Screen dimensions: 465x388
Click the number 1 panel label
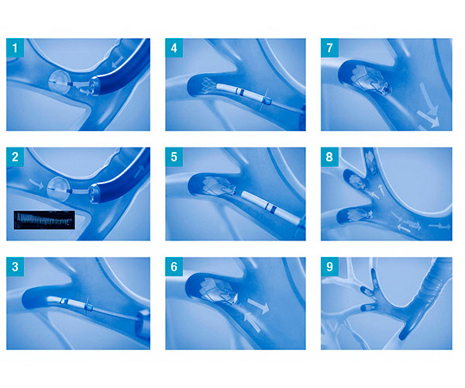coord(15,48)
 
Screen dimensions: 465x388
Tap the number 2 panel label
coord(15,157)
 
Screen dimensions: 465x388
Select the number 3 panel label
coord(15,267)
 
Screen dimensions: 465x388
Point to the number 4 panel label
coord(174,48)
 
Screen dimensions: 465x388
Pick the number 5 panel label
coord(174,157)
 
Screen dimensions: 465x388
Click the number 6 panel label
coord(174,267)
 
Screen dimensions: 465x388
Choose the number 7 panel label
coord(329,48)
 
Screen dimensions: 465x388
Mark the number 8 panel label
coord(329,157)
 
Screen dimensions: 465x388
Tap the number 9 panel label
coord(329,267)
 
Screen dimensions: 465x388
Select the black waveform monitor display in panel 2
coord(44,220)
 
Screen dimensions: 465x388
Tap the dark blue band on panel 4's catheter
coord(242,92)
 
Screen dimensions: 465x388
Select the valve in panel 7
coord(370,80)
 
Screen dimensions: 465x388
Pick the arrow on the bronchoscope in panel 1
coord(117,62)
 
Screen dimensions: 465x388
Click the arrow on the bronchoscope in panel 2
coord(139,171)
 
